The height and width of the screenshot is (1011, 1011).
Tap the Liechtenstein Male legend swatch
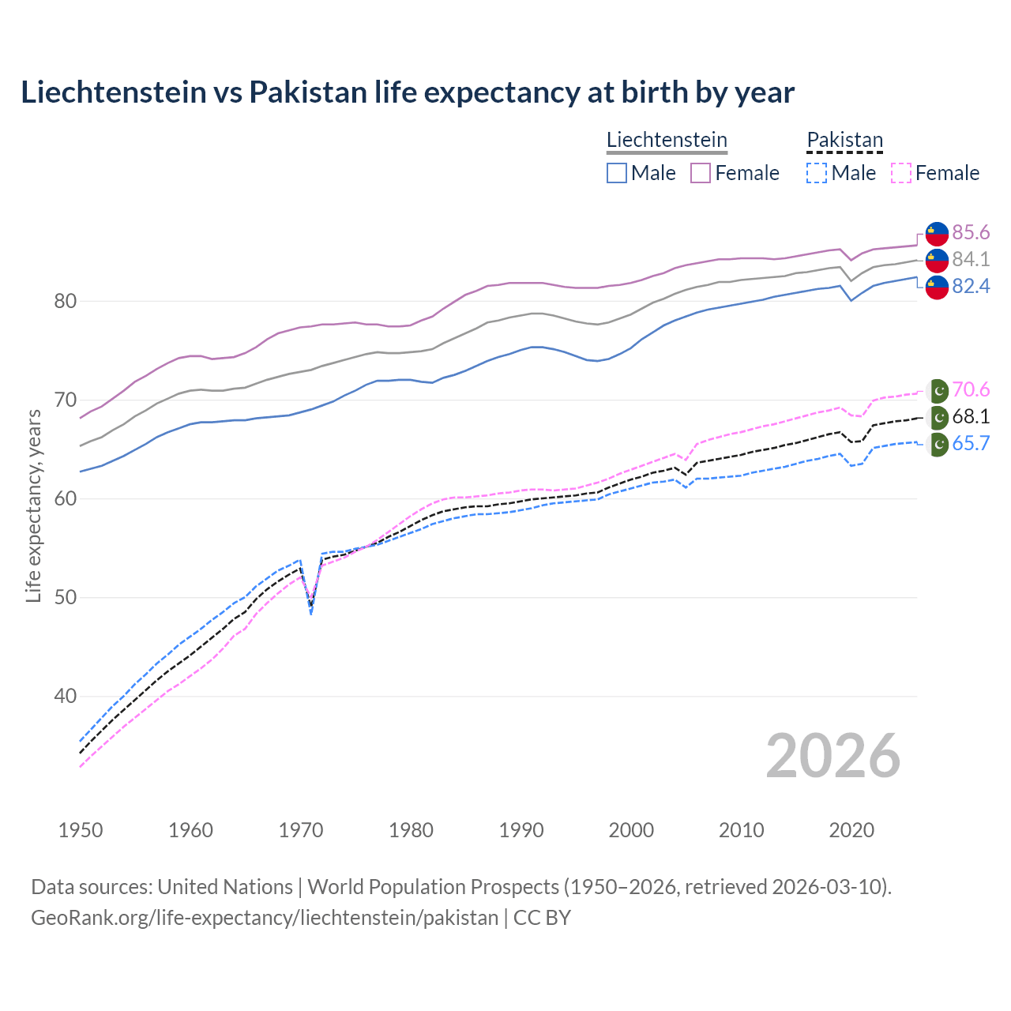click(x=617, y=173)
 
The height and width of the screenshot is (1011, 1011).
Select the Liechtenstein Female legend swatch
click(x=701, y=173)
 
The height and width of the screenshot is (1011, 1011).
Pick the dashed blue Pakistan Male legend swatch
click(x=817, y=173)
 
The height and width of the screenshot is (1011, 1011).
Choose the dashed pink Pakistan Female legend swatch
click(x=900, y=173)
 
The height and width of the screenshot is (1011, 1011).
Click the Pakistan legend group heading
click(x=844, y=140)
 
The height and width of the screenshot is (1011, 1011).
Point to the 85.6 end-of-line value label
click(x=971, y=232)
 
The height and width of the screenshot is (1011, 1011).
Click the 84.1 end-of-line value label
click(x=971, y=259)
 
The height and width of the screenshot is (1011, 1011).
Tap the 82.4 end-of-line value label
click(x=971, y=286)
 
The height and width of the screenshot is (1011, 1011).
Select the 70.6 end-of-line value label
click(x=971, y=389)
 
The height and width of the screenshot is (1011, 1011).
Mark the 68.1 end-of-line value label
click(x=971, y=416)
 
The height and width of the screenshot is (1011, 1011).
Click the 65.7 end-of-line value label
click(x=971, y=443)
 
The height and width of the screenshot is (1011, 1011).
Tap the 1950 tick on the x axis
click(x=81, y=830)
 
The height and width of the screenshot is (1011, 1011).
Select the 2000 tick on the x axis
click(x=631, y=830)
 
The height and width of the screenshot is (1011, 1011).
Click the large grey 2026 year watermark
click(x=832, y=756)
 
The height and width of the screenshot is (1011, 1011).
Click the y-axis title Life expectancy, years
click(x=34, y=505)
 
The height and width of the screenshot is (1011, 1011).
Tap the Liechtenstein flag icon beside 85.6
click(x=937, y=234)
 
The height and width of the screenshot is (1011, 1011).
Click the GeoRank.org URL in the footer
click(x=265, y=918)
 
